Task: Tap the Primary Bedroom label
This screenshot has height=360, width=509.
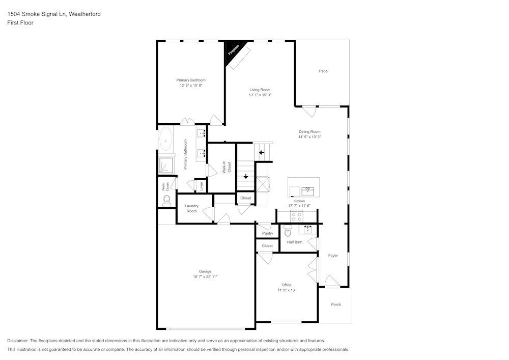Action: click(191, 80)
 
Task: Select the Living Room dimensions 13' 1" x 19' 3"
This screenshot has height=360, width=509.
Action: click(260, 95)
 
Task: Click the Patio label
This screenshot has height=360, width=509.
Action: click(323, 71)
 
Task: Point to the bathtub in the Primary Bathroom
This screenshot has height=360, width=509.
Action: click(166, 139)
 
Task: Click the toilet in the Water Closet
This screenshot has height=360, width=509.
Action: click(166, 203)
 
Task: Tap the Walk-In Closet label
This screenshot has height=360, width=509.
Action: click(227, 167)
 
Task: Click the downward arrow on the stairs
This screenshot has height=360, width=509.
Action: click(246, 177)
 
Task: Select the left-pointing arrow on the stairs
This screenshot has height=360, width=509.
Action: click(262, 152)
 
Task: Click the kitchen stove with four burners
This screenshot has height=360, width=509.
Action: click(297, 217)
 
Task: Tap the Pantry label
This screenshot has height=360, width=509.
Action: click(268, 233)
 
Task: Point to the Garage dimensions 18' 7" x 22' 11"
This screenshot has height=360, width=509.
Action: click(205, 276)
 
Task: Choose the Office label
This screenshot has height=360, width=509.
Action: click(287, 285)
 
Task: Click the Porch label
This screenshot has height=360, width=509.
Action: click(336, 304)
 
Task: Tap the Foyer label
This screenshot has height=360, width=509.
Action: click(333, 256)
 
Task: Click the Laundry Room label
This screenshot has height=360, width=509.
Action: click(191, 208)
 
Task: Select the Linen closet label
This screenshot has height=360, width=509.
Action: click(202, 186)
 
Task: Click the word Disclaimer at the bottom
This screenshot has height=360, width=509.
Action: click(18, 341)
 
